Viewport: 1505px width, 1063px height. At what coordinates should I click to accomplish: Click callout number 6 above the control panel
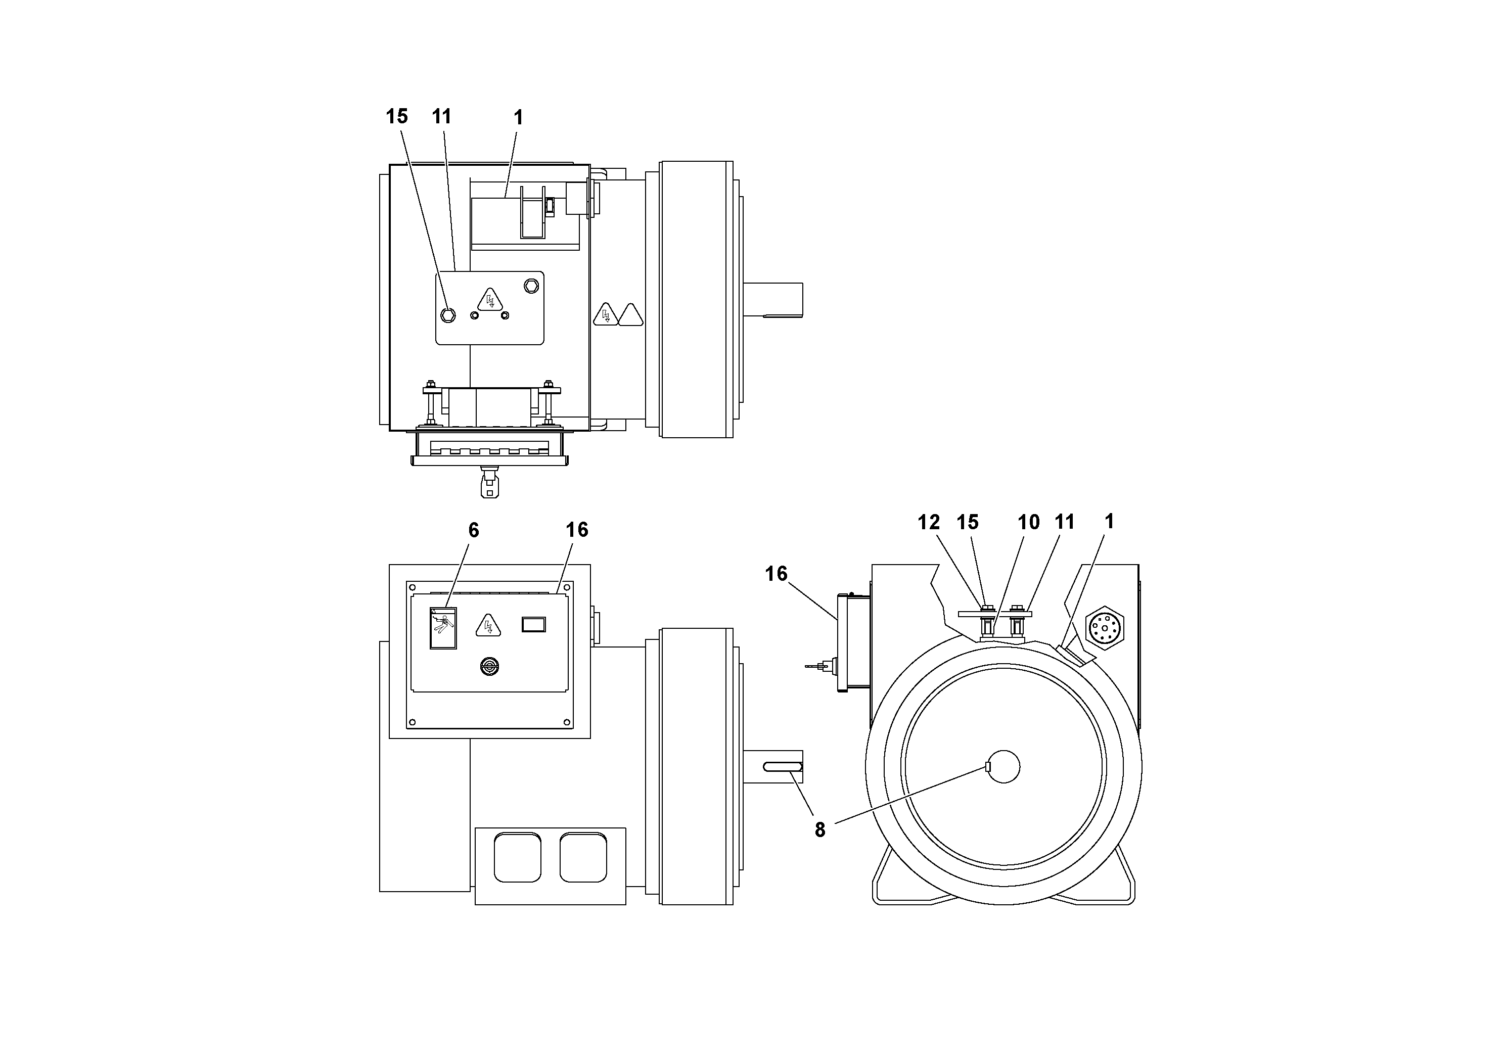coord(473,530)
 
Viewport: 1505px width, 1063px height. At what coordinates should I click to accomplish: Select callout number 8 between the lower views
coord(820,829)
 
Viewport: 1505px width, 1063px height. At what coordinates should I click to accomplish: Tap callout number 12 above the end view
coord(928,522)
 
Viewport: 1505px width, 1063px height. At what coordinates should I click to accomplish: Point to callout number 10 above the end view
coord(1028,522)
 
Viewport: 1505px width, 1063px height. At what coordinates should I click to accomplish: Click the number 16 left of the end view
coord(776,574)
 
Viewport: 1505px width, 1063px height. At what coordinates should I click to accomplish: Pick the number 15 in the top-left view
coord(396,117)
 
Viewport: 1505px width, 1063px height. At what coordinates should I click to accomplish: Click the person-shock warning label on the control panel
coord(443,628)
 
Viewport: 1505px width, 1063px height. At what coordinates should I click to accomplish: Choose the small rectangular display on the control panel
coord(533,624)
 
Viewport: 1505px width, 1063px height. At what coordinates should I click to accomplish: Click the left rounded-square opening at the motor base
coord(517,857)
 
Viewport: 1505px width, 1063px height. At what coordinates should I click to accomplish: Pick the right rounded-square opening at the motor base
coord(583,857)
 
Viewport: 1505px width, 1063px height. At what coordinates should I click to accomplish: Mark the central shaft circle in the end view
coord(1004,766)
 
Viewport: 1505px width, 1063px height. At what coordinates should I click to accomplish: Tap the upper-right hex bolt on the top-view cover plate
coord(532,286)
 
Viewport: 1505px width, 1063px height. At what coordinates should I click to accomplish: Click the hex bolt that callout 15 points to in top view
coord(448,315)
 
